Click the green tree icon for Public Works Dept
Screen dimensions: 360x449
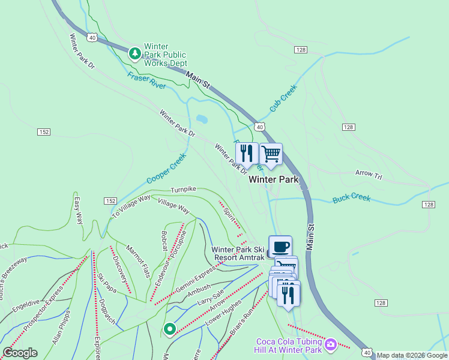pos(136,54)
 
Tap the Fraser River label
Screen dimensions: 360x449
pos(146,81)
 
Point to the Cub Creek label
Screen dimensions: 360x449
pos(283,99)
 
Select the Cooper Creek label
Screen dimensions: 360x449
pos(166,169)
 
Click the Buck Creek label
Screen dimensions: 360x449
pos(351,197)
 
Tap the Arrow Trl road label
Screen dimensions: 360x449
pos(368,175)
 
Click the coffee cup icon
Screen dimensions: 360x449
pos(280,247)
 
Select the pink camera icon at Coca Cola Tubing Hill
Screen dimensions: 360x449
pos(331,345)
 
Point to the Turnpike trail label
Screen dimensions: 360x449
pos(183,189)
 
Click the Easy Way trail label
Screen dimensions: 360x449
pos(77,211)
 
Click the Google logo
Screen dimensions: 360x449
pos(19,353)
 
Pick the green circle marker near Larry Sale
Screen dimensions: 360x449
pos(170,329)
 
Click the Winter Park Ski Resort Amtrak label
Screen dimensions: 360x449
pos(237,253)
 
